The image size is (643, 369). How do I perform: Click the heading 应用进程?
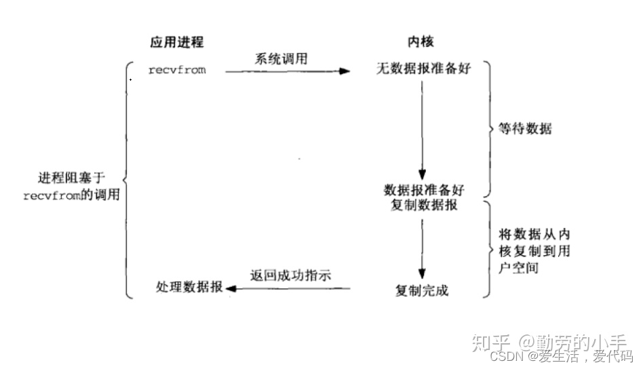pyautogui.click(x=176, y=42)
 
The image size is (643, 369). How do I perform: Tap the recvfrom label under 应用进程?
pyautogui.click(x=177, y=70)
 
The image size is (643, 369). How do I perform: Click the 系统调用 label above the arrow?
pyautogui.click(x=280, y=59)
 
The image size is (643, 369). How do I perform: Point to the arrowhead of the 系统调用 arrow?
pyautogui.click(x=345, y=70)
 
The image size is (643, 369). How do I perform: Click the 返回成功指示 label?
pyautogui.click(x=290, y=275)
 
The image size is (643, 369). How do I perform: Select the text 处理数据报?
pyautogui.click(x=189, y=289)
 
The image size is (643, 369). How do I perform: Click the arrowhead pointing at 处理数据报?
pyautogui.click(x=231, y=289)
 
